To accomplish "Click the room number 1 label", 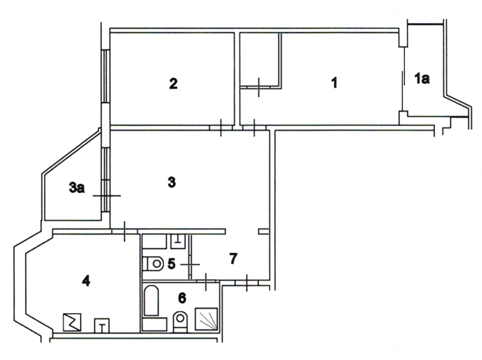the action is coord(334,83).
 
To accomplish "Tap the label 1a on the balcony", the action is coord(422,79).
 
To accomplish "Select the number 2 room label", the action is coord(173,84).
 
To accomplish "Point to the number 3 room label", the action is coord(172,182).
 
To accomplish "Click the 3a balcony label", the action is coord(76,188).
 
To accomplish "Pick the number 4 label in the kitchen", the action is coord(86,280).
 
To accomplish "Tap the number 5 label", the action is coord(172,264).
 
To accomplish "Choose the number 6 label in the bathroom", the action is coord(182,297).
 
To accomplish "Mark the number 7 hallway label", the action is coord(233,259).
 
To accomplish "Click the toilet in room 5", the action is coord(153,264).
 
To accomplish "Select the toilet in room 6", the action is coord(180,322).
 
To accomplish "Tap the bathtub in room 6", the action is coord(151,301).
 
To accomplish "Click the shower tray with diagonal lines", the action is coord(207,319).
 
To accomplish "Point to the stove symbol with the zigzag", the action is coord(72,322).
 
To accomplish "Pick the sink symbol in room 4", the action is coord(102,326).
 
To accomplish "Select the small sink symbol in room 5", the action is coord(178,241).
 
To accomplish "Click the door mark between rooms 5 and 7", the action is coord(190,264).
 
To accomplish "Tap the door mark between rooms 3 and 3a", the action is coord(106,195).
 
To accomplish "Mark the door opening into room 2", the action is coord(221,127).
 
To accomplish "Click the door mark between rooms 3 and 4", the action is coord(124,231).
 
